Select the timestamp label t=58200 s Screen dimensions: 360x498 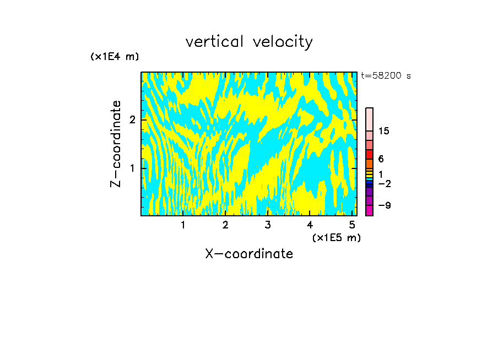[386, 76]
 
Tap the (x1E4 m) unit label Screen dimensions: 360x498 [115, 57]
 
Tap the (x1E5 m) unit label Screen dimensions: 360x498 [336, 237]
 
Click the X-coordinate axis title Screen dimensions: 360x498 [249, 254]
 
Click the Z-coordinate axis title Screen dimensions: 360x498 [116, 144]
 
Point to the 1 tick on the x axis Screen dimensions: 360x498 [183, 225]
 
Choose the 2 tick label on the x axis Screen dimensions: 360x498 [225, 225]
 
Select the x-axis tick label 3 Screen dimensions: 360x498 [267, 225]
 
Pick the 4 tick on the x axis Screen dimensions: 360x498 [310, 225]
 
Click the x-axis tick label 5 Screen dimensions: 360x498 [351, 225]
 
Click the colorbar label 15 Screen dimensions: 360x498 [384, 131]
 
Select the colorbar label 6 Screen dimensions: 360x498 [381, 159]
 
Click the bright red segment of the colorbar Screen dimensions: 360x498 [369, 154]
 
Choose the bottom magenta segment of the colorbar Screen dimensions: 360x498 [369, 210]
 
